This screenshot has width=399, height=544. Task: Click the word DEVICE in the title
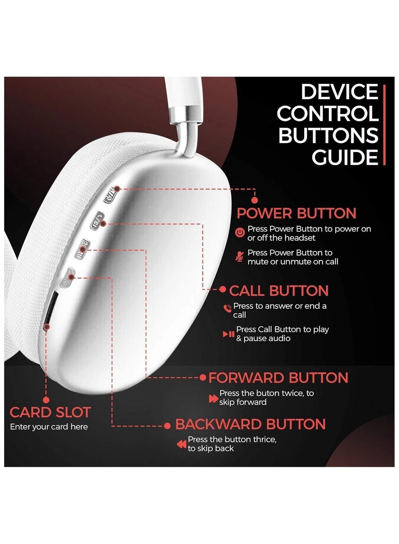[x=339, y=92]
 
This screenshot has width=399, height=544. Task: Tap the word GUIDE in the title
[x=345, y=157]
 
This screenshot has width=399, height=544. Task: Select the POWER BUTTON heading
[x=296, y=213]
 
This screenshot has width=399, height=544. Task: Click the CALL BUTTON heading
[x=279, y=291]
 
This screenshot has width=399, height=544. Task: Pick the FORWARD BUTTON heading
[x=278, y=378]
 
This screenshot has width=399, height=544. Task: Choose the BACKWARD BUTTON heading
[x=250, y=424]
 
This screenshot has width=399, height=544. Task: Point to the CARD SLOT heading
[x=50, y=412]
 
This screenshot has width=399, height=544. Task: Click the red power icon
[x=240, y=233]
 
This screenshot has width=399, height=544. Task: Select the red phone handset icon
[x=227, y=308]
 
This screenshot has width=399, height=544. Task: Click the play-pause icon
[x=229, y=334]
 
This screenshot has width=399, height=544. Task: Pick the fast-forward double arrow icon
[x=213, y=398]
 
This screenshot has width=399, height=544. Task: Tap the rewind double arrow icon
[x=182, y=444]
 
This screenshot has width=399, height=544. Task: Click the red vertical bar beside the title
[x=384, y=124]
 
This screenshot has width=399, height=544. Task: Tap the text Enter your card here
[x=49, y=427]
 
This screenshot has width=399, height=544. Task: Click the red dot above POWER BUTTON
[x=255, y=201]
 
